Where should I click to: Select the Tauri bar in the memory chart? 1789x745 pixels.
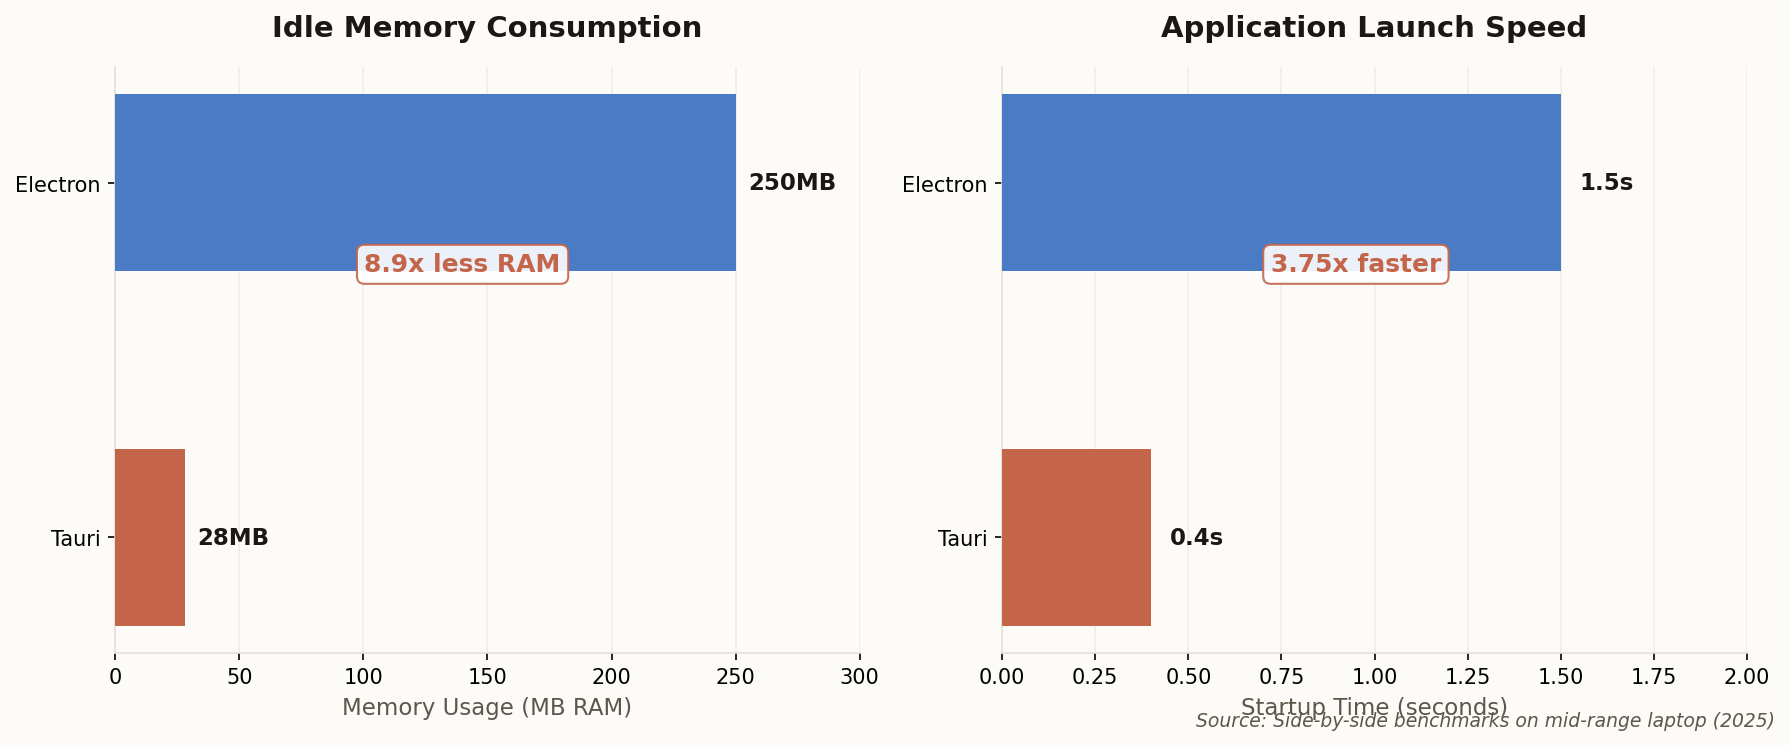(150, 538)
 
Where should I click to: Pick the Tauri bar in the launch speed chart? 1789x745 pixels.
(1076, 538)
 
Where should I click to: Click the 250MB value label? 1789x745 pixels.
(792, 183)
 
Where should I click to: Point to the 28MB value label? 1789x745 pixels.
(233, 538)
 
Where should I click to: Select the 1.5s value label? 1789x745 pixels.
(1606, 183)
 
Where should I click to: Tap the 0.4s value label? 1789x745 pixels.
(1196, 538)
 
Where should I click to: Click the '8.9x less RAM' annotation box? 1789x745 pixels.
(462, 265)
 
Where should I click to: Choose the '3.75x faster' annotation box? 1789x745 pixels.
(1355, 265)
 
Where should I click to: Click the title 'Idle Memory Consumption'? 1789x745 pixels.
(487, 28)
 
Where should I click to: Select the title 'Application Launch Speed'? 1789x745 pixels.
(1373, 28)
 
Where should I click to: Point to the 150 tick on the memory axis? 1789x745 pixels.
(487, 677)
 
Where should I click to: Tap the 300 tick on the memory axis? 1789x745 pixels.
(859, 677)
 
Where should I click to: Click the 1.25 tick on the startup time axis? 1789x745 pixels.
(1467, 677)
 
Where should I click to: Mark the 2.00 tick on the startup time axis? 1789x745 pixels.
(1747, 677)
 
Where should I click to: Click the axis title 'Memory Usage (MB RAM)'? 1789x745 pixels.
(487, 708)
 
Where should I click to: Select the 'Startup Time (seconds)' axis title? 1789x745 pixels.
(1373, 706)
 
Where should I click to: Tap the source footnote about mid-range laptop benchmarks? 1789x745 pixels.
(1484, 721)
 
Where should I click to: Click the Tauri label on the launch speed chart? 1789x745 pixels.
(962, 539)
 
